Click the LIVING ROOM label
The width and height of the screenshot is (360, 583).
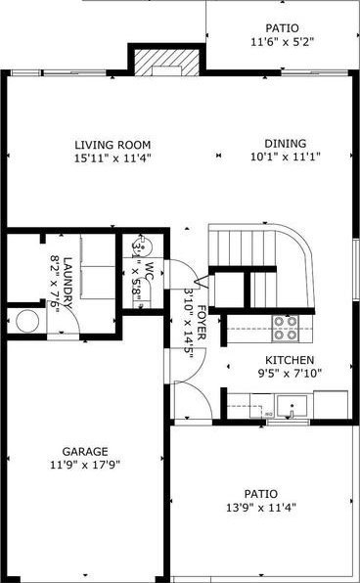click(x=112, y=145)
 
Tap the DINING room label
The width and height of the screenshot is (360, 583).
click(x=286, y=143)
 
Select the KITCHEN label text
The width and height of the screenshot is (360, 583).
click(x=290, y=360)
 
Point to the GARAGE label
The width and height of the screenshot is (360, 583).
click(x=85, y=451)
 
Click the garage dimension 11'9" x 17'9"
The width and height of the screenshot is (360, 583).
click(x=85, y=465)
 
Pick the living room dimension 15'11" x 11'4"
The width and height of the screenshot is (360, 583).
click(x=112, y=158)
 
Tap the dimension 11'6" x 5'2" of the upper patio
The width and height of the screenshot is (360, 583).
click(x=283, y=42)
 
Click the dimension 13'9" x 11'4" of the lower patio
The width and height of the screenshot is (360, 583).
click(x=261, y=507)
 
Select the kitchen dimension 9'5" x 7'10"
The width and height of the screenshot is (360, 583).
click(x=290, y=373)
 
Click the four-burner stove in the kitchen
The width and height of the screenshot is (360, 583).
click(x=286, y=329)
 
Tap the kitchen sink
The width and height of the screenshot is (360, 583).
click(x=292, y=406)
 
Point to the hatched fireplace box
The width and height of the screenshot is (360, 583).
click(x=167, y=63)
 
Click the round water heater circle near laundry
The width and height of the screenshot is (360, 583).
click(x=27, y=321)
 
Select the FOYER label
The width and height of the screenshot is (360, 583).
click(x=202, y=323)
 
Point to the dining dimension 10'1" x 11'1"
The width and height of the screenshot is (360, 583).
click(x=286, y=157)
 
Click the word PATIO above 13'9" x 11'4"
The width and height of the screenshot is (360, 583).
click(x=261, y=494)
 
